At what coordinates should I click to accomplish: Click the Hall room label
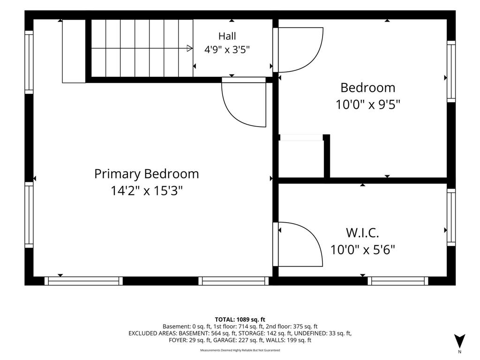pyautogui.click(x=227, y=36)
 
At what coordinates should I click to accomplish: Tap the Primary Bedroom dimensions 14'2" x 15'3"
pyautogui.click(x=147, y=191)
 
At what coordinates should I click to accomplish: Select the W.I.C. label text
pyautogui.click(x=362, y=233)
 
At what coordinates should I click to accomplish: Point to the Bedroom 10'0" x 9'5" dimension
pyautogui.click(x=368, y=105)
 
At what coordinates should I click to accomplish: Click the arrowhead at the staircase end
pyautogui.click(x=190, y=48)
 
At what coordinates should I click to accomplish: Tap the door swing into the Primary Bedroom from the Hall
pyautogui.click(x=244, y=102)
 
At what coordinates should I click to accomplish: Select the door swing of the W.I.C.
pyautogui.click(x=298, y=244)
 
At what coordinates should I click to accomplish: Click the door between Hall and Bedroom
pyautogui.click(x=298, y=50)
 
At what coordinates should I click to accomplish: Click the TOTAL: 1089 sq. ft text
pyautogui.click(x=240, y=320)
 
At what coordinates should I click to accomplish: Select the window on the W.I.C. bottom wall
pyautogui.click(x=397, y=281)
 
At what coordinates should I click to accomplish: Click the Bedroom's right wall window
pyautogui.click(x=451, y=71)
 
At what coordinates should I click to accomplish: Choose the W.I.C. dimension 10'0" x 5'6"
pyautogui.click(x=362, y=250)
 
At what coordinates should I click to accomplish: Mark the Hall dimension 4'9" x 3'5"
pyautogui.click(x=227, y=49)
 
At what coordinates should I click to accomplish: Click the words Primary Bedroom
pyautogui.click(x=147, y=174)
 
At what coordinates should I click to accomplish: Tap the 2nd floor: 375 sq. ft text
pyautogui.click(x=292, y=327)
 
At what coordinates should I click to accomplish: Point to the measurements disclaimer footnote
pyautogui.click(x=240, y=350)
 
